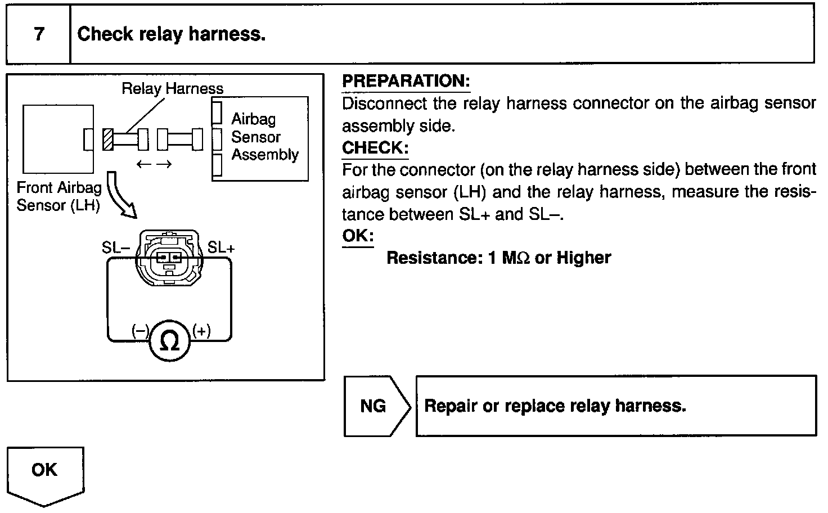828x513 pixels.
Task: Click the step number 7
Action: pyautogui.click(x=38, y=34)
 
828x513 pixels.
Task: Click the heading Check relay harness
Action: pyautogui.click(x=171, y=34)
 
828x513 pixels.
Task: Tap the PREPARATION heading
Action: pyautogui.click(x=406, y=81)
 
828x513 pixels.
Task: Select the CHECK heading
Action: pyautogui.click(x=375, y=148)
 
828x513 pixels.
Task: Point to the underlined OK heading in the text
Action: pyautogui.click(x=358, y=235)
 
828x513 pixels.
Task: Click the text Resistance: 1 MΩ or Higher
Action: pyautogui.click(x=498, y=258)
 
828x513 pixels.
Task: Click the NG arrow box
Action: pyautogui.click(x=376, y=406)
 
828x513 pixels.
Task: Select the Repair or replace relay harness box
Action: pyautogui.click(x=615, y=406)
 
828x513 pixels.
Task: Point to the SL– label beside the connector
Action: pyautogui.click(x=116, y=247)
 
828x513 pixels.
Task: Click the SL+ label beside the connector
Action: pyautogui.click(x=222, y=247)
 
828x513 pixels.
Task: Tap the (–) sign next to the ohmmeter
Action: pyautogui.click(x=139, y=331)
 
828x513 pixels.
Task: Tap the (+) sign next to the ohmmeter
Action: pyautogui.click(x=201, y=331)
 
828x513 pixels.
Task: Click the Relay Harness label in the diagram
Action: pyautogui.click(x=172, y=88)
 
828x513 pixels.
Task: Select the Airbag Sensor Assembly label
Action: pyautogui.click(x=264, y=137)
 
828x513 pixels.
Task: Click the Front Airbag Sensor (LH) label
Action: pyautogui.click(x=58, y=196)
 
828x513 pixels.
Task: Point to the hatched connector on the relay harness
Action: pyautogui.click(x=107, y=139)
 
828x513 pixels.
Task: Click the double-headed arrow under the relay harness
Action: pyautogui.click(x=154, y=164)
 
